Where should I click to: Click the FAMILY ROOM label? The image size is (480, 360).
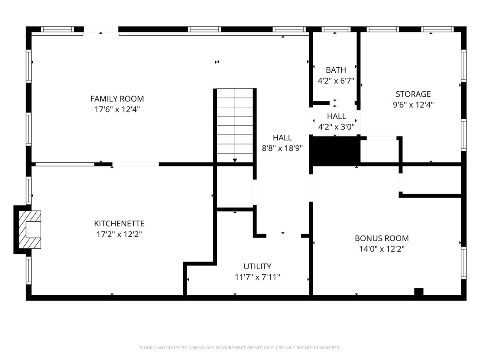click(x=117, y=98)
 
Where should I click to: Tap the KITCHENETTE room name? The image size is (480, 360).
click(x=119, y=224)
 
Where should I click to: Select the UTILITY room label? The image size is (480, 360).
click(x=257, y=266)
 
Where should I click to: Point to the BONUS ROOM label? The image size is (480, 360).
click(x=382, y=238)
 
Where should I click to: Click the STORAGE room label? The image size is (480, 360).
click(x=413, y=94)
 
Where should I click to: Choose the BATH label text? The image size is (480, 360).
click(x=336, y=70)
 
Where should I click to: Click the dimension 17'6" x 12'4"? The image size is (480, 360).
click(x=117, y=109)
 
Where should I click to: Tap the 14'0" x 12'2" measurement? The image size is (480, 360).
click(x=382, y=249)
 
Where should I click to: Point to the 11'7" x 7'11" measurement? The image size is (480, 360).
click(x=257, y=277)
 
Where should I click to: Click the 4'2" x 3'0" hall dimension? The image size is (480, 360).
click(x=336, y=127)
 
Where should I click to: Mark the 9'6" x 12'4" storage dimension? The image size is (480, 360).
click(x=413, y=105)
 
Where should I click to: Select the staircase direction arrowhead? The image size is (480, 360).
click(x=235, y=160)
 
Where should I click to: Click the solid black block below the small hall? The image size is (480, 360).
click(x=335, y=150)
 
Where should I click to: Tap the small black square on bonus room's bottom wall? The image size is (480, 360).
click(x=418, y=292)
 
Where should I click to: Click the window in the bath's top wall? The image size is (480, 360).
click(x=336, y=29)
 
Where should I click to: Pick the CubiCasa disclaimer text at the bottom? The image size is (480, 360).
click(x=240, y=348)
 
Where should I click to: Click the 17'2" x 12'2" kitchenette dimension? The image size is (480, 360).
click(x=119, y=234)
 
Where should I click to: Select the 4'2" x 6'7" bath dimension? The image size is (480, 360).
click(x=336, y=81)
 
